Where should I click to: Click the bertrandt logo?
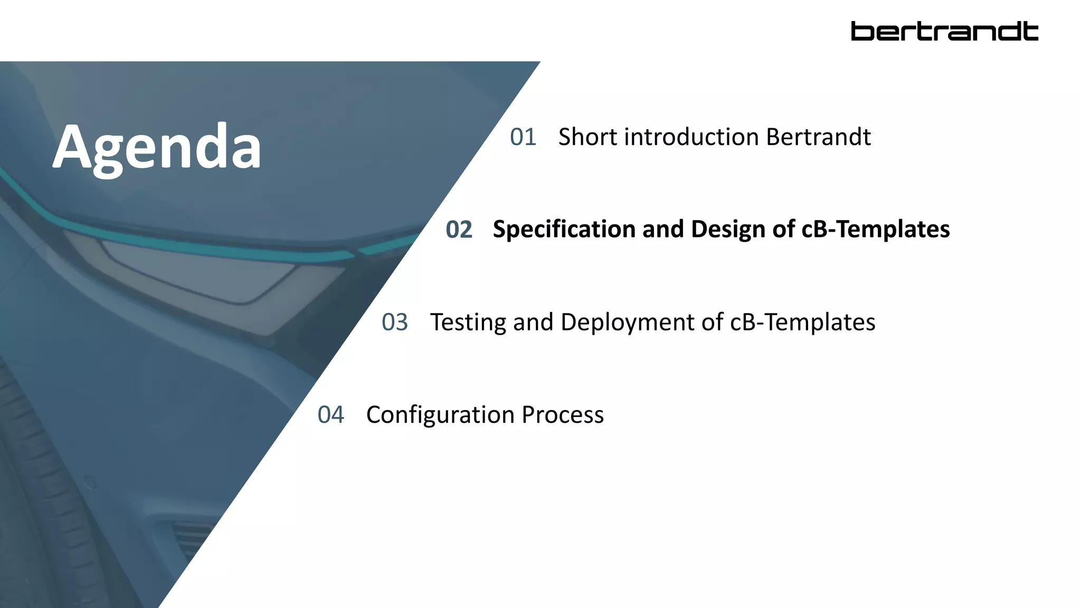coord(944,31)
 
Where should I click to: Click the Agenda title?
coord(157,147)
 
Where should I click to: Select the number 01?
coord(523,137)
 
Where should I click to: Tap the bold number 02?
coord(459,230)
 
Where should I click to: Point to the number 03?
coord(395,322)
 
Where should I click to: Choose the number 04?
coord(330,415)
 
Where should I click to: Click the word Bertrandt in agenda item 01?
coord(818,137)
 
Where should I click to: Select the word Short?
coord(587,137)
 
